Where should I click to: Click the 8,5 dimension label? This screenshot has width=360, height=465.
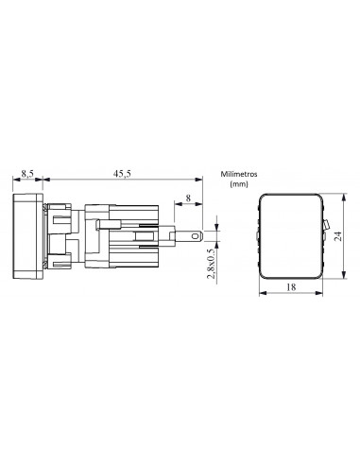(x=27, y=173)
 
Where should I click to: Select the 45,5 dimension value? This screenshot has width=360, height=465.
(x=122, y=173)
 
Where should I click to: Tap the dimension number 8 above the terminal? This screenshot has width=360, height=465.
(x=188, y=198)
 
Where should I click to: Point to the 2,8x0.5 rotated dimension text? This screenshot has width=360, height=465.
(x=212, y=264)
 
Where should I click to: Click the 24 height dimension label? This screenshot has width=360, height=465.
(x=338, y=236)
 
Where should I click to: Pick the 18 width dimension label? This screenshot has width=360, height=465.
(x=291, y=287)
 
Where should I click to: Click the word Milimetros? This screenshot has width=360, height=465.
(x=239, y=174)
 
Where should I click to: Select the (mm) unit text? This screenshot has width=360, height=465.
(x=239, y=184)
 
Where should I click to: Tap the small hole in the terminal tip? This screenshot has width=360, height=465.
(x=196, y=235)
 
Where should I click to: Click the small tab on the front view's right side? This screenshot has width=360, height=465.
(x=326, y=225)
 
